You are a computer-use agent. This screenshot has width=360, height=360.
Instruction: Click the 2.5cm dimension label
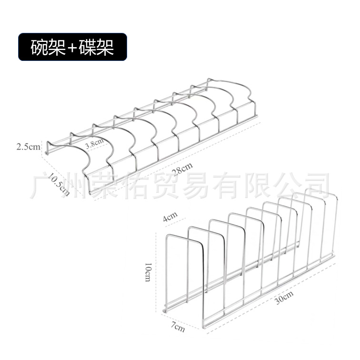28,146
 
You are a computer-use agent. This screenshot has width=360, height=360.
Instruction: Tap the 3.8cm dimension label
94,143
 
